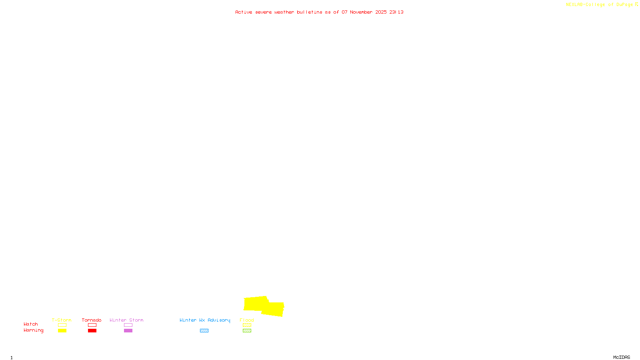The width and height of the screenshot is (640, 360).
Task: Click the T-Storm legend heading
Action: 62,320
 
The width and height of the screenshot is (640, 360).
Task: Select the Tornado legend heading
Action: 92,320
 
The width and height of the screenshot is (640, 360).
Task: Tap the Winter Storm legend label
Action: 126,320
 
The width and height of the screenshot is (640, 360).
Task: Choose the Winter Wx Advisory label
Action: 205,320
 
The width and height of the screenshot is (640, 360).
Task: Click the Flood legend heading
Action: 247,320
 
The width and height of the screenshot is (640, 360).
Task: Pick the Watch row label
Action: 31,324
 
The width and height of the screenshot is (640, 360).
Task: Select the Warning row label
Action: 34,330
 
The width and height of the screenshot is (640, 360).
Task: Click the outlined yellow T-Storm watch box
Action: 62,325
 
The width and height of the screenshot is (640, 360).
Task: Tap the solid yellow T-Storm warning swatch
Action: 62,331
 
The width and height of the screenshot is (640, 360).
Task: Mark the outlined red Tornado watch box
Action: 92,325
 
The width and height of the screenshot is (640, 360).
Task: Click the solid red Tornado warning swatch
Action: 92,331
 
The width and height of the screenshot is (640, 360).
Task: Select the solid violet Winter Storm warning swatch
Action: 128,331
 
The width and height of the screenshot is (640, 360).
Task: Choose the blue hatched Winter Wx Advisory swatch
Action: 204,331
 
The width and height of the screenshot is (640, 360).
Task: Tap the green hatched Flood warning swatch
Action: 247,331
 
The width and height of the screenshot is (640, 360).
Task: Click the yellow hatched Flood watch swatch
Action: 247,325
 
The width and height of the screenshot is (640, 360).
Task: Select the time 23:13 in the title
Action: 396,12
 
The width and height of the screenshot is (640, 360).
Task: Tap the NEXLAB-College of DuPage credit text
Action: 600,4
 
